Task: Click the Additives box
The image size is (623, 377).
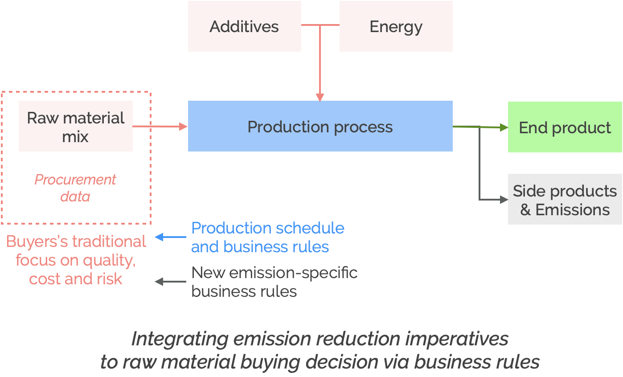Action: click(x=244, y=26)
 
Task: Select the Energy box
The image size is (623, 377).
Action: click(x=396, y=26)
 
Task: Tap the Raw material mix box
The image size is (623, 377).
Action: click(x=75, y=127)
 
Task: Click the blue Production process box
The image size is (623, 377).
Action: click(x=320, y=127)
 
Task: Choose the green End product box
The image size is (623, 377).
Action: click(x=565, y=127)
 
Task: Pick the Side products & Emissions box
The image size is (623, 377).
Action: click(x=565, y=200)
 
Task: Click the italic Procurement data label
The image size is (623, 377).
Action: click(x=75, y=188)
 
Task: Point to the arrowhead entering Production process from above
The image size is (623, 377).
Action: click(x=320, y=97)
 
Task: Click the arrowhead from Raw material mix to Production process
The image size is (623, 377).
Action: click(x=183, y=127)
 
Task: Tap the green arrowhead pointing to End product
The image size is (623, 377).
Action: click(x=504, y=127)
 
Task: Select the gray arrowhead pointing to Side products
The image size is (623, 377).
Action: click(x=504, y=200)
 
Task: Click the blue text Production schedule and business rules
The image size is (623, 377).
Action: click(x=267, y=237)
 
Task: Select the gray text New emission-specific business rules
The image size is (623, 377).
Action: click(x=274, y=282)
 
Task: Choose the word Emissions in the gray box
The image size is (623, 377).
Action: click(x=572, y=209)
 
